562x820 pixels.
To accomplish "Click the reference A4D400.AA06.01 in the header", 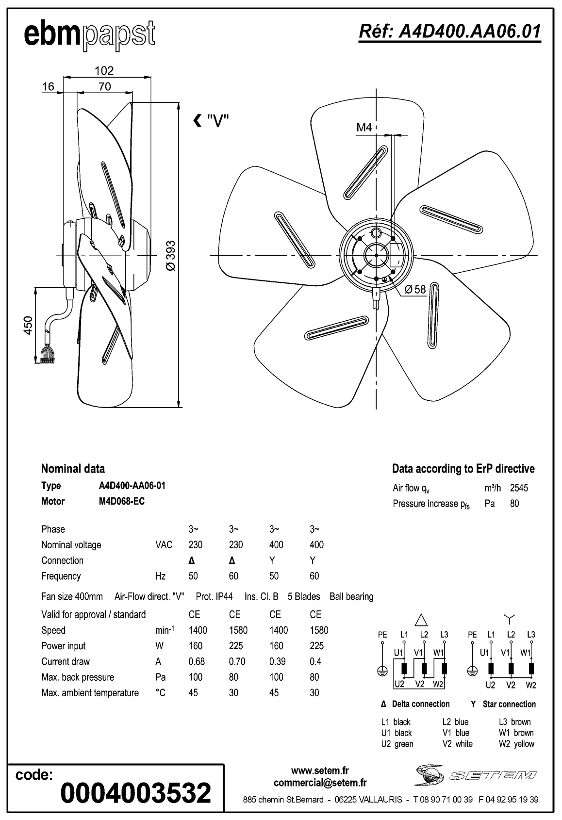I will pyautogui.click(x=449, y=32).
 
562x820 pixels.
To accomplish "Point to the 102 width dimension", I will pyautogui.click(x=104, y=71).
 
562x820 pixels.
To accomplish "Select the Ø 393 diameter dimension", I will pyautogui.click(x=170, y=256).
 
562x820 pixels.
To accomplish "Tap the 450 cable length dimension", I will pyautogui.click(x=28, y=325).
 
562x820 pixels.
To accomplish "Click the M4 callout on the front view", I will pyautogui.click(x=364, y=128).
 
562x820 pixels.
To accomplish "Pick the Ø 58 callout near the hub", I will pyautogui.click(x=415, y=290).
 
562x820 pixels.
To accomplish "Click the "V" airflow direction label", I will pyautogui.click(x=212, y=120).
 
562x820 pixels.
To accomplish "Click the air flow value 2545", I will pyautogui.click(x=519, y=488).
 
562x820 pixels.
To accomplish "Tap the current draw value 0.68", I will pyautogui.click(x=197, y=661).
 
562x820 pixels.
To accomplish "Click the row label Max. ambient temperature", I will pyautogui.click(x=90, y=693).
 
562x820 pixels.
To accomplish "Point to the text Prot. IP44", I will pyautogui.click(x=214, y=596).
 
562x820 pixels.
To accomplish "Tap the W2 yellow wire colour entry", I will pyautogui.click(x=516, y=744).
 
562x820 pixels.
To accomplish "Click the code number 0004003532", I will pyautogui.click(x=136, y=793).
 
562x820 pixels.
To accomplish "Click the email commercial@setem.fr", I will pyautogui.click(x=320, y=783).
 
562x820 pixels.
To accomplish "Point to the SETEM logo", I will pyautogui.click(x=476, y=775).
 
